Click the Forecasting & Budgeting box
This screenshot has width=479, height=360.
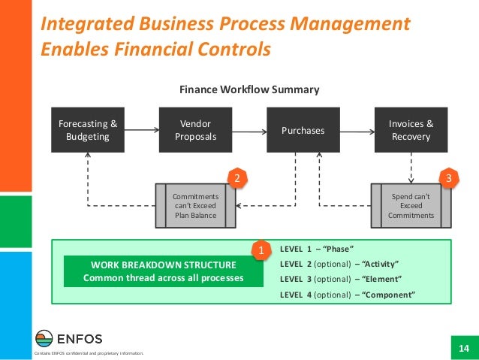(x=88, y=130)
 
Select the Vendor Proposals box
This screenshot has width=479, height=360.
(x=195, y=130)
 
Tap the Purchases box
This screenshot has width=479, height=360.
(x=303, y=130)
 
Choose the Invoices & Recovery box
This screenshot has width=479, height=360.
(x=411, y=130)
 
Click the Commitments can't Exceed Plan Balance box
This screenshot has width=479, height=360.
(x=194, y=205)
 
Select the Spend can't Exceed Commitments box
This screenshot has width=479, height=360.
(x=411, y=205)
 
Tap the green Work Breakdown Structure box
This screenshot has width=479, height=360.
(x=164, y=271)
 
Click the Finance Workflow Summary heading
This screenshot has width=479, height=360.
(x=249, y=89)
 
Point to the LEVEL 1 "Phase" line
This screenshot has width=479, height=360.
(x=316, y=248)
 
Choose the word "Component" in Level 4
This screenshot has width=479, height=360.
(x=388, y=295)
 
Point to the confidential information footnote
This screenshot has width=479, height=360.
(x=84, y=353)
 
